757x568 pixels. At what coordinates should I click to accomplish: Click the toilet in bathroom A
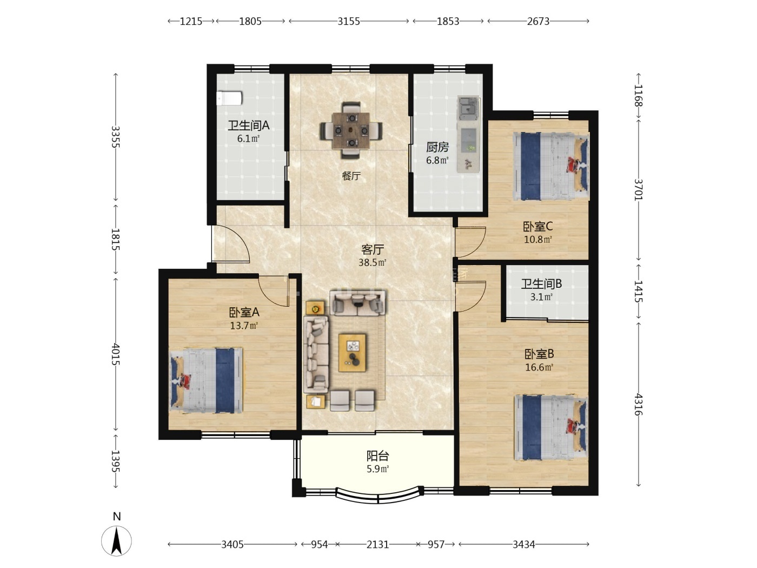(x=229, y=98)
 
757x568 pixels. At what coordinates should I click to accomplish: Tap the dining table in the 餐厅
(x=351, y=130)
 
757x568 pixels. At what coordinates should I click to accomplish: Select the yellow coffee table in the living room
(x=352, y=353)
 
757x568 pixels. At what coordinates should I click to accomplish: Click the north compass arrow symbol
(x=117, y=540)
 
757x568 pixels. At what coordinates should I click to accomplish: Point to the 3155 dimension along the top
(x=349, y=22)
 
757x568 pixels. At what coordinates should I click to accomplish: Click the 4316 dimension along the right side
(x=639, y=404)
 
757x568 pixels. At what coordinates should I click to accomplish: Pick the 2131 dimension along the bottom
(x=377, y=545)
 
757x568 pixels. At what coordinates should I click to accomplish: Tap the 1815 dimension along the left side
(x=115, y=239)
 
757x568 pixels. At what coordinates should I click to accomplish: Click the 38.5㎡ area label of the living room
(x=372, y=262)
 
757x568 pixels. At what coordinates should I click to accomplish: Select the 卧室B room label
(x=539, y=354)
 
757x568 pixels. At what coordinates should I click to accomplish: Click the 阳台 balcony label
(x=377, y=456)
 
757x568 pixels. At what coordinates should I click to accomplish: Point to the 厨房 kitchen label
(x=437, y=147)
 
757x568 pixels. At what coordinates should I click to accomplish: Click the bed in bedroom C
(x=551, y=166)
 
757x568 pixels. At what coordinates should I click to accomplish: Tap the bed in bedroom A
(x=206, y=381)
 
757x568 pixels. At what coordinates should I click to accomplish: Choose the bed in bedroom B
(x=551, y=428)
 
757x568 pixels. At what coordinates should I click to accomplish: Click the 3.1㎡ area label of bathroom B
(x=541, y=297)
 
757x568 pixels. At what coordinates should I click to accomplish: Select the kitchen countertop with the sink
(x=468, y=134)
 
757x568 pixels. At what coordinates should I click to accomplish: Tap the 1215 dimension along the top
(x=191, y=22)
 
